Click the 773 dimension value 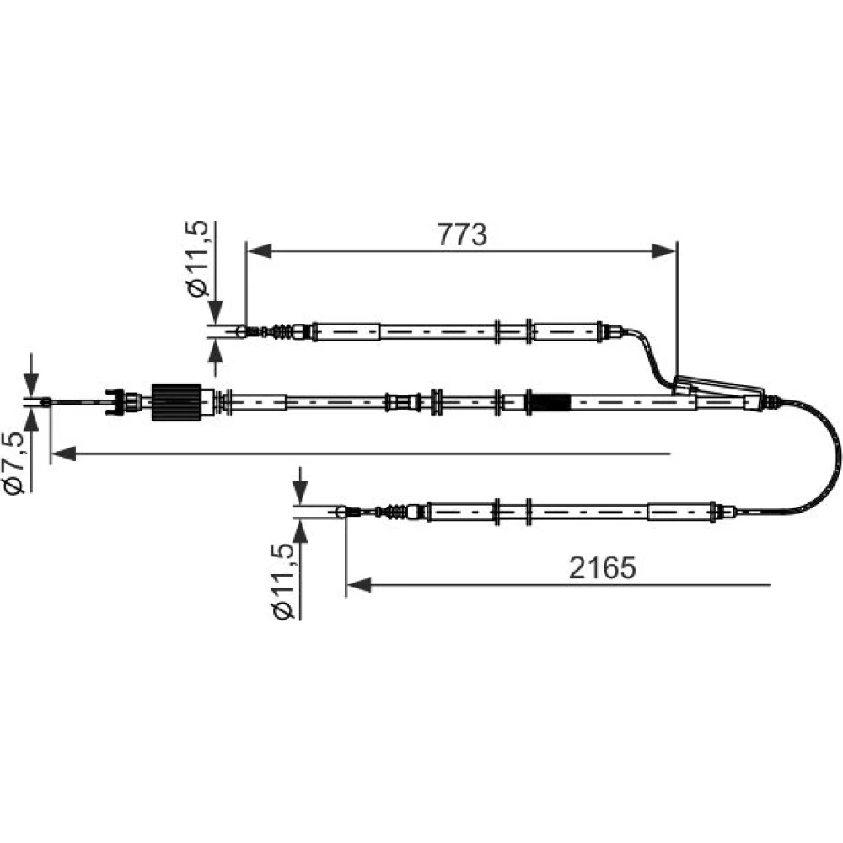(462, 234)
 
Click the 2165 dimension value (602, 567)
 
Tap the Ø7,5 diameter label (14, 462)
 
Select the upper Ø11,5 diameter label (196, 259)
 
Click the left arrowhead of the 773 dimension (259, 250)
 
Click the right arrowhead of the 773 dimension (664, 250)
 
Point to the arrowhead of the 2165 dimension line (358, 584)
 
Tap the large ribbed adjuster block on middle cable (176, 402)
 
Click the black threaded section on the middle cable (550, 402)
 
